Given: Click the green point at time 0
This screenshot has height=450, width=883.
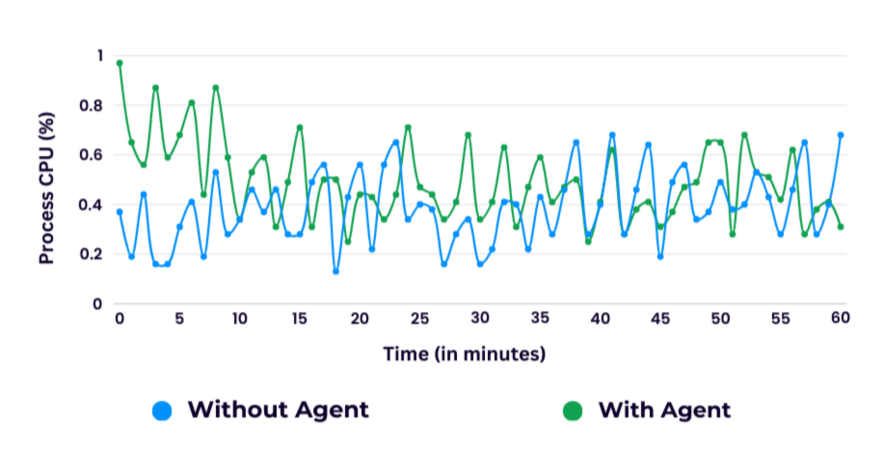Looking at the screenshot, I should (x=120, y=64).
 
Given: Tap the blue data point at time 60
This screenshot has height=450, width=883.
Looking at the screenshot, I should (x=841, y=135).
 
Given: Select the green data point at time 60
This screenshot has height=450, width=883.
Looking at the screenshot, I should (x=841, y=226).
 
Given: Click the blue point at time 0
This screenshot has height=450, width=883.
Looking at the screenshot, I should (x=120, y=212).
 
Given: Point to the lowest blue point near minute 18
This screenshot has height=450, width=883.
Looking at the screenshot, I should (x=335, y=272).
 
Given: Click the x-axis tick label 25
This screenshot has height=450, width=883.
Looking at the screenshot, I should (x=419, y=319).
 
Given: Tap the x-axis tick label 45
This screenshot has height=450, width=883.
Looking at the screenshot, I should (x=659, y=319).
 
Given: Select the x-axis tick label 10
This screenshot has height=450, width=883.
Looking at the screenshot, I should (x=239, y=319).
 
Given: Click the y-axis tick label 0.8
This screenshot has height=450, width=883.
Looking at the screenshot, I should (x=90, y=105).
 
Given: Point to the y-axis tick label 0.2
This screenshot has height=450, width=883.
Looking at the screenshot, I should (x=90, y=254).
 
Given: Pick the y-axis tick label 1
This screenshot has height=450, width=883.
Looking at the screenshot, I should (x=96, y=56).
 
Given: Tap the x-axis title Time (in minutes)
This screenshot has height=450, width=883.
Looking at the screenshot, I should (x=465, y=354).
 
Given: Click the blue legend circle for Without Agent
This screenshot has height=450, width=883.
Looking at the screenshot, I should (x=163, y=410).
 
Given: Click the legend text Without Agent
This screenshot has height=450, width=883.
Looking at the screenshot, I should (x=278, y=410).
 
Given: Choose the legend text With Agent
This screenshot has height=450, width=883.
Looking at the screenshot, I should (x=664, y=410).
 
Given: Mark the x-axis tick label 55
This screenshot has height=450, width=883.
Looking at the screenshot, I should (x=780, y=319).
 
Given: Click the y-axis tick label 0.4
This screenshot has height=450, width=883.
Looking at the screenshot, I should (x=90, y=204).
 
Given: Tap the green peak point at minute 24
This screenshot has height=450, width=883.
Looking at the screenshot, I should (x=408, y=127).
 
